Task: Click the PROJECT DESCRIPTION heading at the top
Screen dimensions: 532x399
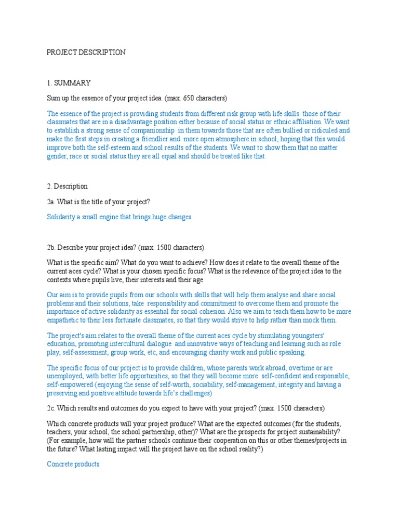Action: pos(86,52)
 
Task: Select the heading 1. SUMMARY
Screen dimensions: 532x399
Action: pos(69,83)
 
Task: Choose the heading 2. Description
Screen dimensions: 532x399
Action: pos(67,186)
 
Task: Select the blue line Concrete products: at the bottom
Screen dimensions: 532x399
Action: pos(73,464)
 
